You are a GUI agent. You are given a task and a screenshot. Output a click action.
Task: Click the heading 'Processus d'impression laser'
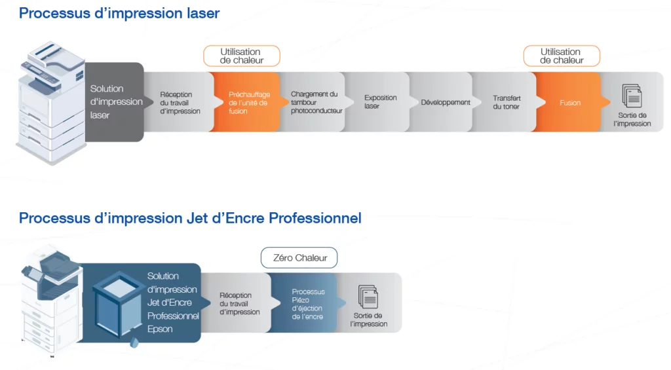click(x=119, y=13)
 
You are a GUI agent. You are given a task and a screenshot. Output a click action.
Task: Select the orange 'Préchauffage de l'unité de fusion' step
click(x=246, y=102)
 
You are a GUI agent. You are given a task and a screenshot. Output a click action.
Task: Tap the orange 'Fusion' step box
click(x=570, y=102)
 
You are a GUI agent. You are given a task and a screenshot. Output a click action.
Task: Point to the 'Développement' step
click(x=443, y=102)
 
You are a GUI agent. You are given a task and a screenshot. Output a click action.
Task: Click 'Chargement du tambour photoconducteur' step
click(x=315, y=102)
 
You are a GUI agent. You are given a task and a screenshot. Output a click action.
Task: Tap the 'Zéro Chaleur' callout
click(x=299, y=258)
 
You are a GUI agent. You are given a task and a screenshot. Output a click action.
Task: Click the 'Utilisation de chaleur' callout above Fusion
click(x=562, y=56)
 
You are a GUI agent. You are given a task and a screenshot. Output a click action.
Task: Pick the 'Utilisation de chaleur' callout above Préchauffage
click(x=242, y=56)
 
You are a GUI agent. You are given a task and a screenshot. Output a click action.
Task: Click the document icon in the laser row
click(x=632, y=96)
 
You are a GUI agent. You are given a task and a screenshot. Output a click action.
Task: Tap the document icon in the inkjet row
click(x=368, y=297)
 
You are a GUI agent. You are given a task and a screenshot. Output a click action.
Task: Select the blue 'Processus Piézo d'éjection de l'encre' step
click(x=307, y=303)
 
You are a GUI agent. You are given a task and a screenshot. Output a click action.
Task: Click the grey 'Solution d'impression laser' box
click(x=115, y=102)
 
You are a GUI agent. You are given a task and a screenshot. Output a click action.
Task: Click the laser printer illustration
click(x=51, y=103)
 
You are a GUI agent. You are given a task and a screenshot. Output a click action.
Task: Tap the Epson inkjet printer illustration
click(x=51, y=299)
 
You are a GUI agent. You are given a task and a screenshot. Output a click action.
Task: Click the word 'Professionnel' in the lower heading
click(x=315, y=218)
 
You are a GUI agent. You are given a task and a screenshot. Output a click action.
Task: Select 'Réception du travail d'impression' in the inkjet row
click(x=239, y=303)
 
